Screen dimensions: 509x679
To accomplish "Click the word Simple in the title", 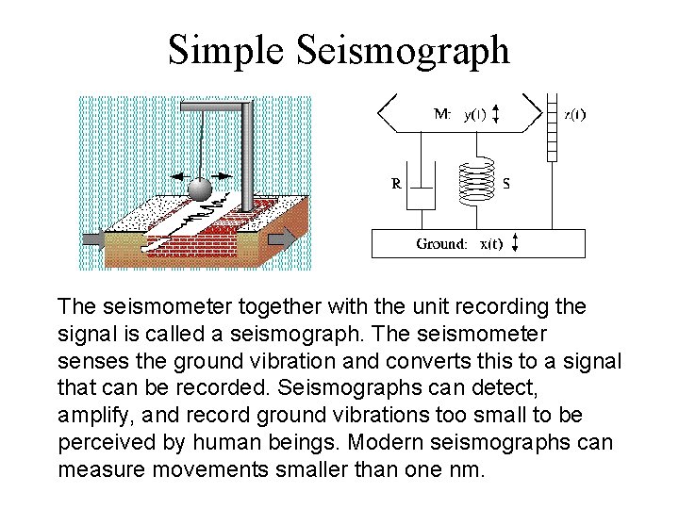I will coord(225,49).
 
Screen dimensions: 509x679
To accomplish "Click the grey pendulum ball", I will coord(200,189).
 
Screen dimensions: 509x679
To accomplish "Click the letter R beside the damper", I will coord(397,185).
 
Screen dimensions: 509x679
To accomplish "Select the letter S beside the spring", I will coord(506,185).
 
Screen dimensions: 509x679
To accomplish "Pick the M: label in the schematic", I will coord(442,115).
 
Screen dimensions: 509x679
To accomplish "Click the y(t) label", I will coord(474,115).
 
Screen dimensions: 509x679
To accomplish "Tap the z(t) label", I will coord(574,115).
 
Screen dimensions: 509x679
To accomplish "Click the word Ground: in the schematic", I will coord(441,243).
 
